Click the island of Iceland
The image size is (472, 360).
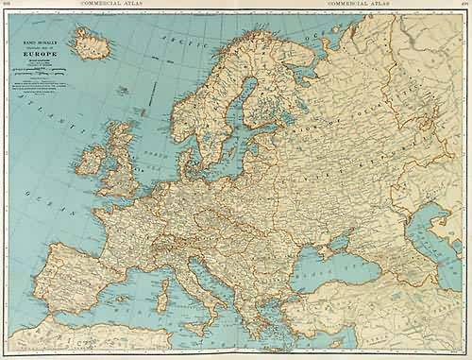click(x=93, y=43)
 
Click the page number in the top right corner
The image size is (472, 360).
click(x=464, y=5)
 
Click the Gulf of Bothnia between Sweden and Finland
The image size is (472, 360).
click(x=233, y=104)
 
